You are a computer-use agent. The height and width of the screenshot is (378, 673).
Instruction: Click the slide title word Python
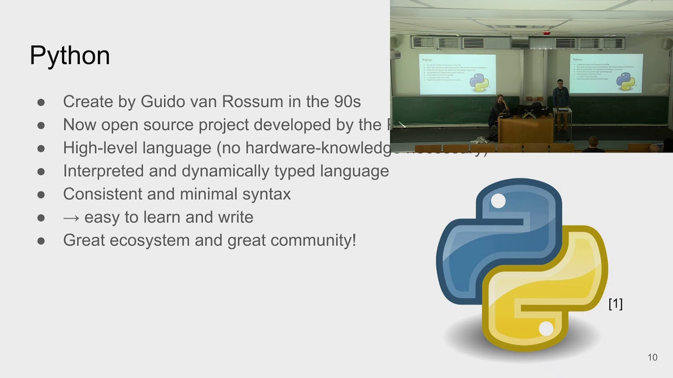[69, 55]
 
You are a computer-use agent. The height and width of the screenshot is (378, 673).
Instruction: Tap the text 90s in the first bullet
[348, 101]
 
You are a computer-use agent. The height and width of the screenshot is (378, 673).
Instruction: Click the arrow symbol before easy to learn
[71, 217]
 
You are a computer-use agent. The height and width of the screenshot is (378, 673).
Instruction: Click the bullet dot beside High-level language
[41, 148]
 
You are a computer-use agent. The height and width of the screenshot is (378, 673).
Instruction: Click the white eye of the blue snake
[498, 201]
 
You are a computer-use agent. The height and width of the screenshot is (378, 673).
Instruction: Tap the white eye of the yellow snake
[546, 329]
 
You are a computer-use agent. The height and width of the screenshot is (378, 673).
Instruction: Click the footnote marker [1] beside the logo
[615, 303]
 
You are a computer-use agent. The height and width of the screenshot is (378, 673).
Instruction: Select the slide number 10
[652, 358]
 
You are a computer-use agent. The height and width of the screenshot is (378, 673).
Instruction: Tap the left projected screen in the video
[457, 73]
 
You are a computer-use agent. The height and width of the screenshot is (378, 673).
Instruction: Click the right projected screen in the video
[606, 73]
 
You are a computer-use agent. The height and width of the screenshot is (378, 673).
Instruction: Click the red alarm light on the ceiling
[547, 33]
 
